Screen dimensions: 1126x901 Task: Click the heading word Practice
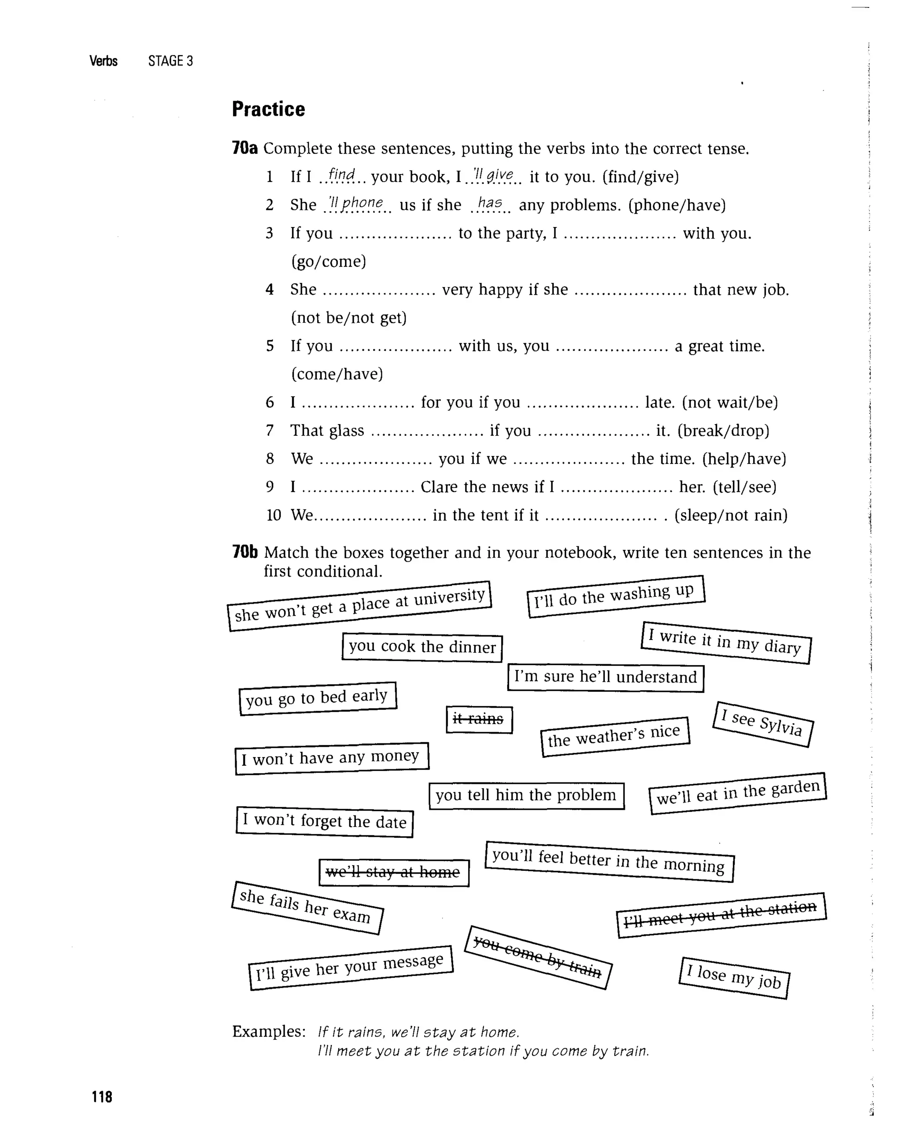(268, 109)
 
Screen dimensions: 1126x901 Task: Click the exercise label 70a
(245, 148)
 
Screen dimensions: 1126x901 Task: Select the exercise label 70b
(245, 552)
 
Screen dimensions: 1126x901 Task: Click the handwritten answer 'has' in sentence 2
(490, 203)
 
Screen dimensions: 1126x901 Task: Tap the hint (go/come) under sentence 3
(329, 261)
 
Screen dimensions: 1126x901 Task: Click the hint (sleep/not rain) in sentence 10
(731, 515)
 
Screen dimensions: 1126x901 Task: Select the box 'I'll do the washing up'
(616, 596)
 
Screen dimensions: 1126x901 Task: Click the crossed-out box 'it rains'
(479, 720)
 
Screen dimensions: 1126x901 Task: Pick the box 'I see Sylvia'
(762, 724)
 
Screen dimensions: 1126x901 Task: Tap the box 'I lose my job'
(734, 978)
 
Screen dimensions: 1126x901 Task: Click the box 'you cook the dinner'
(422, 647)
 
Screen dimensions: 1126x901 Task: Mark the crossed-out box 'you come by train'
(538, 957)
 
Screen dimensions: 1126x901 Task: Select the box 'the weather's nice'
(615, 736)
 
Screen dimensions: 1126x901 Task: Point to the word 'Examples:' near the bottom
(268, 1031)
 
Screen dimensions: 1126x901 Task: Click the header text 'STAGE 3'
(170, 61)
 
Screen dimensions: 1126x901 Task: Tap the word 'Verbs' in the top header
(103, 61)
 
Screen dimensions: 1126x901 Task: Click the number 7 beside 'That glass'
(270, 430)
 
